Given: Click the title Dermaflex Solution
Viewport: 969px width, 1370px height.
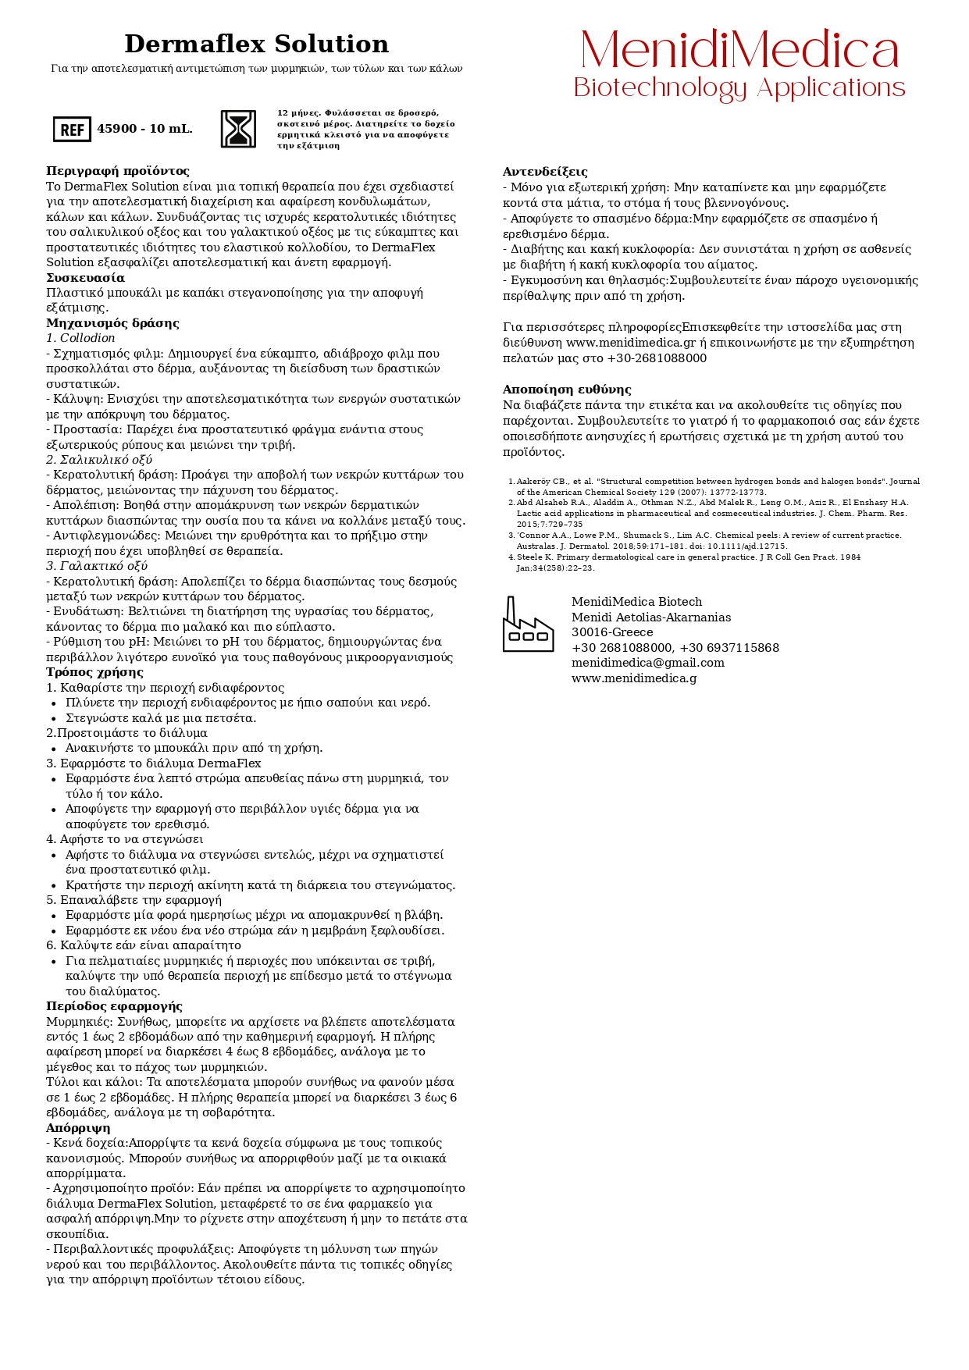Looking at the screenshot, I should click(x=256, y=44).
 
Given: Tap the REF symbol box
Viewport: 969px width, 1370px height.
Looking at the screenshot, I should click(x=72, y=130).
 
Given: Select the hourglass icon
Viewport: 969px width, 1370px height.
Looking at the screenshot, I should click(x=238, y=129).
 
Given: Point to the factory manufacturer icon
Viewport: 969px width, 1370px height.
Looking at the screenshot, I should click(x=528, y=625).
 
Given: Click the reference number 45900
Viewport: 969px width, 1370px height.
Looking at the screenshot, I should click(x=116, y=129).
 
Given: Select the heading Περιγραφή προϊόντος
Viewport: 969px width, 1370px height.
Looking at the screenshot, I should click(x=117, y=171).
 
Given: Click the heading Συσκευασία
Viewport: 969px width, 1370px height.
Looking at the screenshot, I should click(x=85, y=278).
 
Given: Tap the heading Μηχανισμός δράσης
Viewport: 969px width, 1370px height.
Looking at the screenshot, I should click(x=112, y=323).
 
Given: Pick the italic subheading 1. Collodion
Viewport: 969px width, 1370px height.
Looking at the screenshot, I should click(x=80, y=338).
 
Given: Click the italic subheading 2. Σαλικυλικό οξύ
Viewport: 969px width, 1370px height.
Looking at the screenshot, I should click(x=99, y=460).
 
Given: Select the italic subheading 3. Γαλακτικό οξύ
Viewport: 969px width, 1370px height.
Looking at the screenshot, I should click(x=97, y=566).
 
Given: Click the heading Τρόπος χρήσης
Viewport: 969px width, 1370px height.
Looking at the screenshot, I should click(x=94, y=672).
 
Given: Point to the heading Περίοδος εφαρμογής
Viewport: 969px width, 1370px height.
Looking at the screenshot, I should click(x=114, y=1006).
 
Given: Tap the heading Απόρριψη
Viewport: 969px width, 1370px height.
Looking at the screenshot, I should click(x=78, y=1128).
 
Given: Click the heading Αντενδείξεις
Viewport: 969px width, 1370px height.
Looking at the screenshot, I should click(x=545, y=172).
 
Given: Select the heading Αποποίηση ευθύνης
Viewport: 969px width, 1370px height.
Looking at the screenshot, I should click(x=567, y=390).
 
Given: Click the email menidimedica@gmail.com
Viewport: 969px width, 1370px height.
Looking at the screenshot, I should click(x=648, y=663).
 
